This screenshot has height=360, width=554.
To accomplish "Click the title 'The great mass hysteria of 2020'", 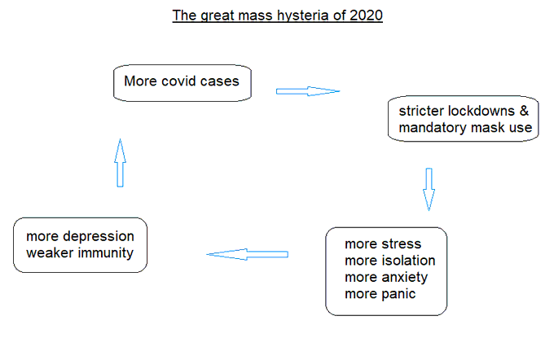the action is (x=276, y=15).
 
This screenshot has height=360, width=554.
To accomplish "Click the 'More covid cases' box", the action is (x=182, y=83).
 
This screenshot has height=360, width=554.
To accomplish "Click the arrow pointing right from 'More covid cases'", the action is (x=307, y=91).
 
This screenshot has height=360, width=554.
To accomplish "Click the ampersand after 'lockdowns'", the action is (x=524, y=112).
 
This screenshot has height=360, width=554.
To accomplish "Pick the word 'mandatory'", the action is (x=430, y=128).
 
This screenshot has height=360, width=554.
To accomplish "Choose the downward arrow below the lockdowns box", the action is (x=429, y=189).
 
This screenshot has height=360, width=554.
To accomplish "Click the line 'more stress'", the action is (x=383, y=244).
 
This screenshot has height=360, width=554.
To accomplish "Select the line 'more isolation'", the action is (x=389, y=261).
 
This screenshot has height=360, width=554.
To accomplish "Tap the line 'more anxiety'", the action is (x=386, y=277).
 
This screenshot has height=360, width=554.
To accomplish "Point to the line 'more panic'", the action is (x=380, y=293).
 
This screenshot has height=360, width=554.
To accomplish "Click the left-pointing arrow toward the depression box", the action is (x=248, y=255).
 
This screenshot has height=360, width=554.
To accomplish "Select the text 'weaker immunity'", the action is (x=80, y=253).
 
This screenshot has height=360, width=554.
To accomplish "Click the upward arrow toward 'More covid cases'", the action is (x=120, y=162).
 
